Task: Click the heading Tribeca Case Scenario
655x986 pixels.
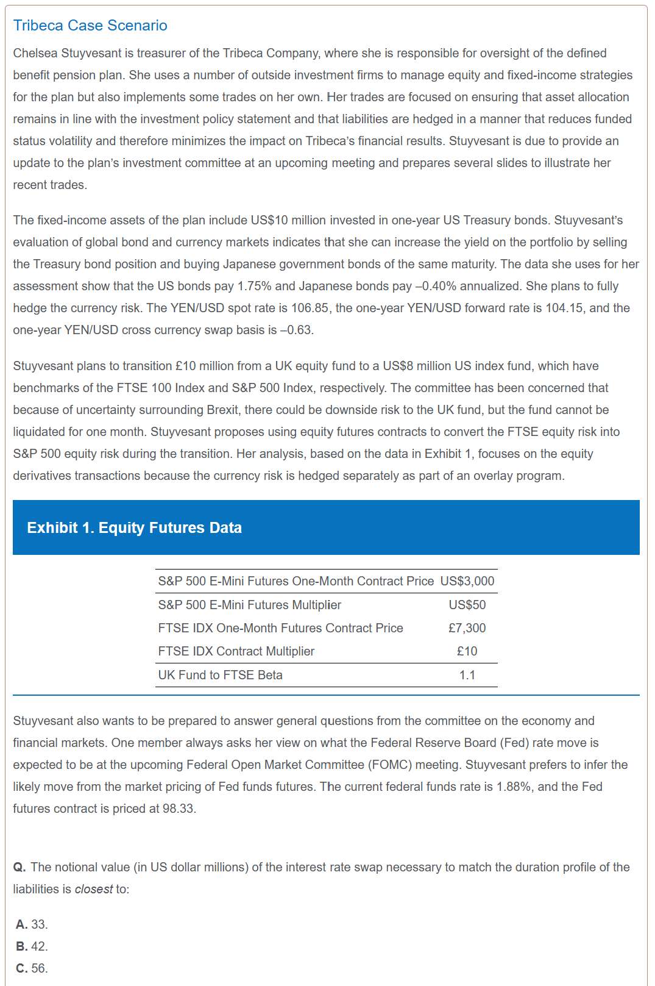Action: click(90, 25)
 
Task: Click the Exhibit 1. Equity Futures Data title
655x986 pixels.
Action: click(134, 527)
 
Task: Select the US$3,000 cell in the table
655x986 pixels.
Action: click(467, 581)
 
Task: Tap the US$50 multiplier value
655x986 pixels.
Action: click(467, 605)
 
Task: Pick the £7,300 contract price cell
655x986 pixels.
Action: click(467, 628)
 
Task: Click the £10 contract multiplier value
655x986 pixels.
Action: click(467, 651)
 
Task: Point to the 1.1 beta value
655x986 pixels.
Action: click(467, 675)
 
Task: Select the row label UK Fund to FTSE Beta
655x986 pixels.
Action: click(220, 675)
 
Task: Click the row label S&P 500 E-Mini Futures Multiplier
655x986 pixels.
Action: click(249, 605)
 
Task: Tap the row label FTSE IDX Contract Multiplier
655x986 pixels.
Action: click(236, 651)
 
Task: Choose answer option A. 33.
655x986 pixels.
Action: click(32, 924)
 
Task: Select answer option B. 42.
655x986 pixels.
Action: click(32, 946)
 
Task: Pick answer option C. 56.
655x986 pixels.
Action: click(32, 968)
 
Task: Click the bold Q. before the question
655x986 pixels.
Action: click(19, 867)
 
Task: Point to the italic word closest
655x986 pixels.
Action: click(94, 889)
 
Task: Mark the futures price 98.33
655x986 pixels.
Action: click(179, 809)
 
